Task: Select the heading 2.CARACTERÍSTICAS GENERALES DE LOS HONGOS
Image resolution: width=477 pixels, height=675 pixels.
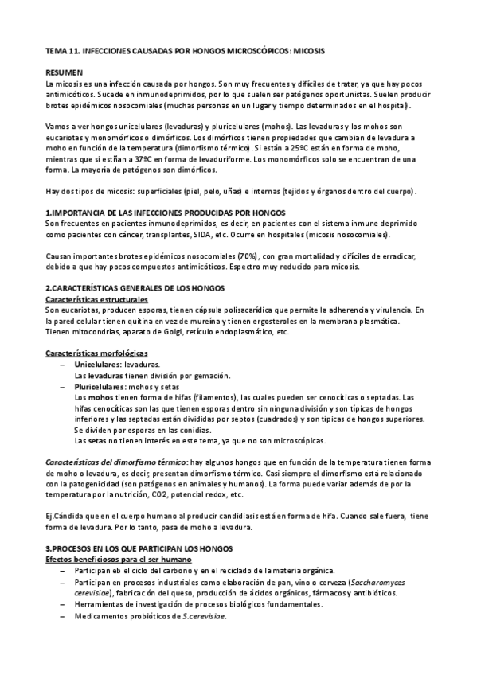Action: click(135, 287)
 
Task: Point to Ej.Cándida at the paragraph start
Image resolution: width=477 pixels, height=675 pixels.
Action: click(65, 516)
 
